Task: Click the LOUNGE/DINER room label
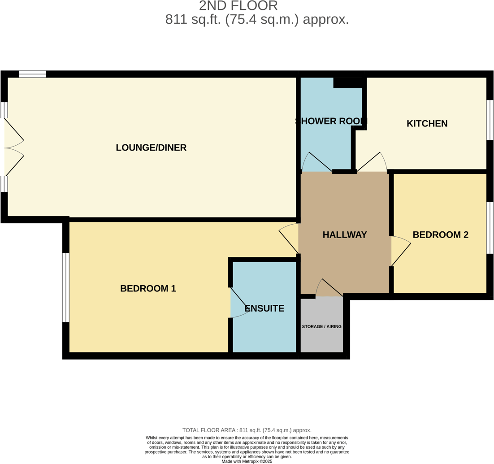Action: click(151, 147)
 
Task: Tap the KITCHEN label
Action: click(427, 124)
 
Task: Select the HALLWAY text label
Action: click(345, 235)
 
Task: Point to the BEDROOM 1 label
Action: click(148, 289)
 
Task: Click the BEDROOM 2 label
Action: click(440, 235)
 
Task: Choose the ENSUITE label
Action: click(264, 308)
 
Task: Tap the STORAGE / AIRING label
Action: click(321, 327)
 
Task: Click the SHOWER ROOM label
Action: click(331, 121)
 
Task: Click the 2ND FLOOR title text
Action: click(238, 6)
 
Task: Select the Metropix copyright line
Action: click(247, 461)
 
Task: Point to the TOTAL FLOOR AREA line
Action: click(247, 430)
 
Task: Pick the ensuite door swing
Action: click(239, 303)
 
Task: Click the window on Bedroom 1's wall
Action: click(66, 287)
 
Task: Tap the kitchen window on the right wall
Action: click(490, 120)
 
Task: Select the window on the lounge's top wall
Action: click(32, 74)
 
